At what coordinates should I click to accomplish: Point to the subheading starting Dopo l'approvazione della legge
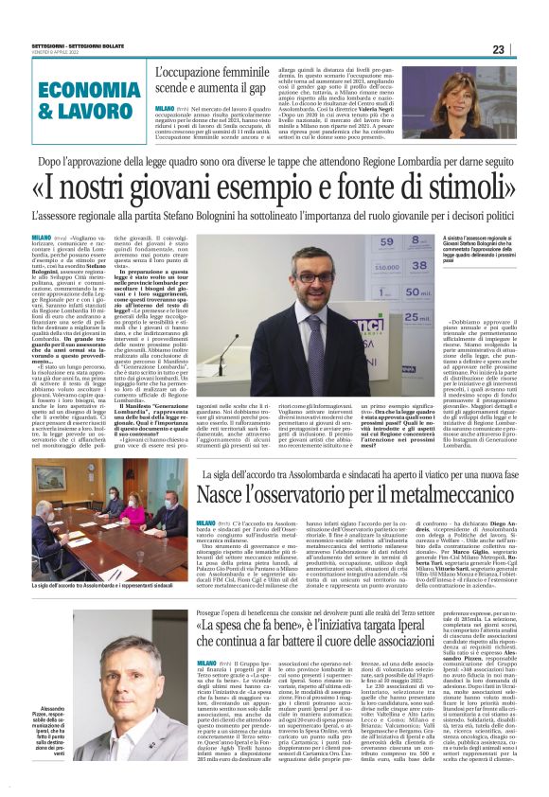coord(274,163)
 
